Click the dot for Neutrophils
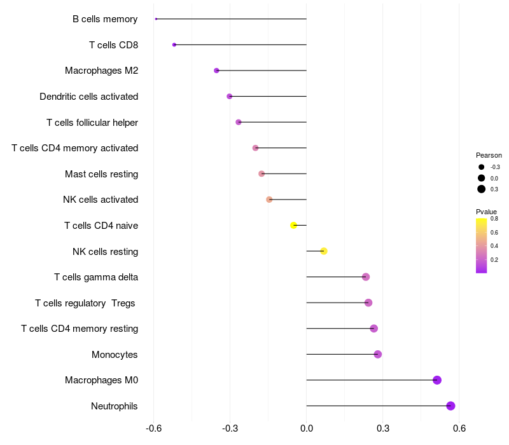(450, 406)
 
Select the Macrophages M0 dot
(437, 380)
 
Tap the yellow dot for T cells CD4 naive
(294, 225)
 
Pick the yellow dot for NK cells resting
(324, 251)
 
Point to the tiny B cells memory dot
(156, 19)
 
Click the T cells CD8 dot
(174, 44)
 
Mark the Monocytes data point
(378, 354)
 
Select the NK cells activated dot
(269, 200)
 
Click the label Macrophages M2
(101, 71)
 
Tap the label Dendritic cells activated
(88, 97)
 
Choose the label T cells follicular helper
(92, 122)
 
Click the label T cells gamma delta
(96, 277)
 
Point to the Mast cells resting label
(101, 174)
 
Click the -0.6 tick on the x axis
(153, 428)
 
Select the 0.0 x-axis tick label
(307, 428)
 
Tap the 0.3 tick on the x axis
(383, 428)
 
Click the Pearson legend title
(489, 155)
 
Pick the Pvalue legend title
(486, 212)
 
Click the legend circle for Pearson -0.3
(482, 167)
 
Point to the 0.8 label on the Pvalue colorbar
(494, 219)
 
